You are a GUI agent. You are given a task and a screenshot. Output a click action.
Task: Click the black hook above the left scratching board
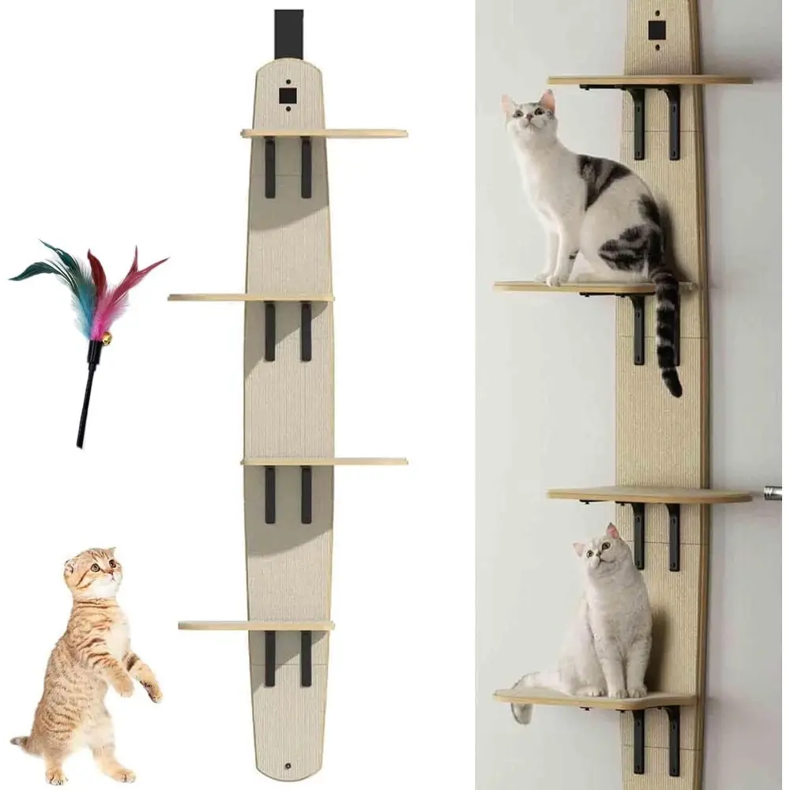pos(288,34)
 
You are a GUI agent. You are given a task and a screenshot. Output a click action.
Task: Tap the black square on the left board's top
pos(288,96)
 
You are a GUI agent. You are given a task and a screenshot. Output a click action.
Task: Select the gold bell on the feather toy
pos(104,339)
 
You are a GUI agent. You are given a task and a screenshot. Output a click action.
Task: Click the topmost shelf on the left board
pos(324,134)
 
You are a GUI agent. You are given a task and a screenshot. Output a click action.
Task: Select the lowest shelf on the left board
pos(256,626)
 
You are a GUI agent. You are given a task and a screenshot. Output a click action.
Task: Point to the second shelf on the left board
pos(250,298)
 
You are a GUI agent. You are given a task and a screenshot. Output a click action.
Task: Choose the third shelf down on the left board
pos(324,461)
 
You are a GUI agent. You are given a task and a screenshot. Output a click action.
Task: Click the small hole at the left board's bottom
pos(288,766)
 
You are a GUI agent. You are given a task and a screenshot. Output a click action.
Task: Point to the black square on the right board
pos(656,30)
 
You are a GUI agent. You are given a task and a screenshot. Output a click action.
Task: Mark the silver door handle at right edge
pos(772,494)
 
